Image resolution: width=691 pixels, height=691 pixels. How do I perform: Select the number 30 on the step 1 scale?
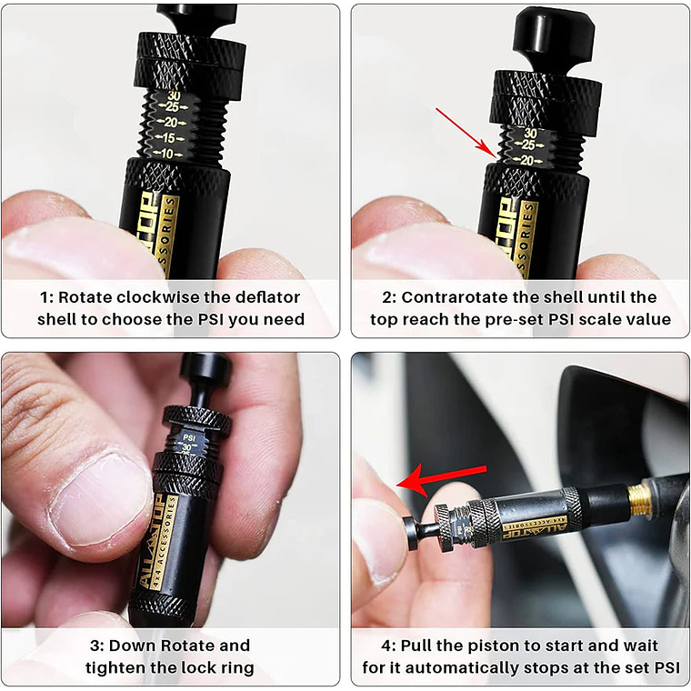pos(174,95)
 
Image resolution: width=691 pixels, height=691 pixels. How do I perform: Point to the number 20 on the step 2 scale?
pos(526,160)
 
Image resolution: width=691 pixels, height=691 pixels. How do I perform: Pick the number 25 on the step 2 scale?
pos(528,145)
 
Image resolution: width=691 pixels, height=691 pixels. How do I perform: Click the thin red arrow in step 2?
pos(466,132)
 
